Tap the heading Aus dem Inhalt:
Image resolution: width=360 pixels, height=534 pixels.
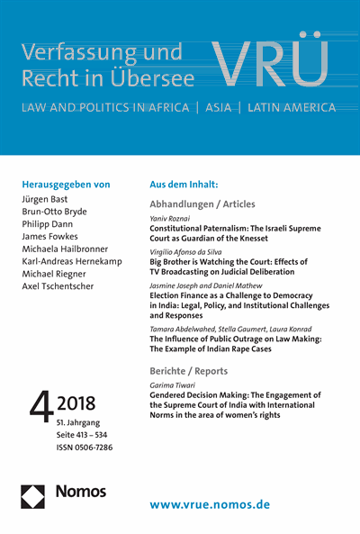coord(184,183)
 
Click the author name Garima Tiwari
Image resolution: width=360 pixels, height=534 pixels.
coord(172,385)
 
